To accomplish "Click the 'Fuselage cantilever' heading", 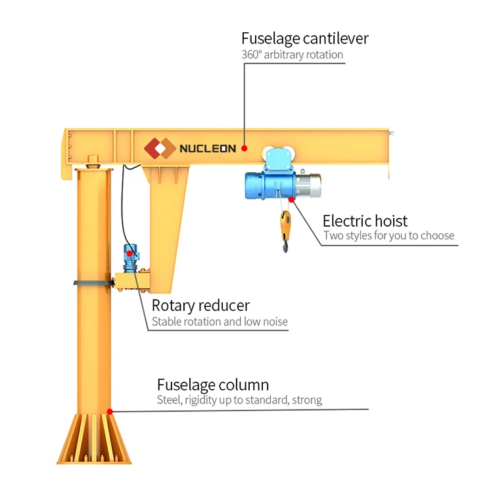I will click(x=304, y=38).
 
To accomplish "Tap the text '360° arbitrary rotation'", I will click(x=292, y=55).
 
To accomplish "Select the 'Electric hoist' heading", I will click(x=365, y=220).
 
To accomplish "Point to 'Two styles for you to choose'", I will click(x=388, y=236).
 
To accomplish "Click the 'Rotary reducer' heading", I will click(x=200, y=306).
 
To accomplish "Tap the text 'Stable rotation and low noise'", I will click(x=220, y=322).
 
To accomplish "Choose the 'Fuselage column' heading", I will click(x=212, y=385).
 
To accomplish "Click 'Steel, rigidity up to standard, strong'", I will click(x=239, y=400).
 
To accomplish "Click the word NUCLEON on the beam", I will click(x=208, y=149).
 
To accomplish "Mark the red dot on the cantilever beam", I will click(x=244, y=148).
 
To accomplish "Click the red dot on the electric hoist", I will click(x=291, y=199).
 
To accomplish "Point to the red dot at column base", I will click(x=110, y=411).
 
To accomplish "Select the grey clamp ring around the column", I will click(x=92, y=283).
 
